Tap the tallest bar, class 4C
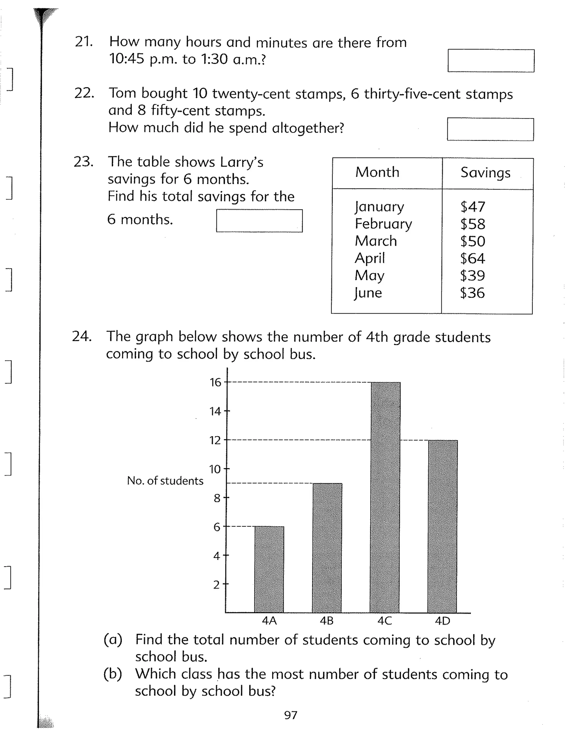pos(385,497)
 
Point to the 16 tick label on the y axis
pos(215,382)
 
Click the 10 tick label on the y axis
pos(215,469)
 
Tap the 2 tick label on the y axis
pos(217,585)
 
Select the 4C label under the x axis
pos(385,621)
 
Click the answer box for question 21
pos(491,61)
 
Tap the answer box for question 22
pos(490,129)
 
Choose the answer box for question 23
pos(259,221)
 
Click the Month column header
pos(377,172)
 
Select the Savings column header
pos(485,173)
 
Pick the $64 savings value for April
pos(472,258)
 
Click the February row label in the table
pos(383,224)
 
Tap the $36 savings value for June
pos(472,293)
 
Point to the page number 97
pos(291,715)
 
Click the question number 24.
pos(81,336)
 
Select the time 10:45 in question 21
pos(127,59)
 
